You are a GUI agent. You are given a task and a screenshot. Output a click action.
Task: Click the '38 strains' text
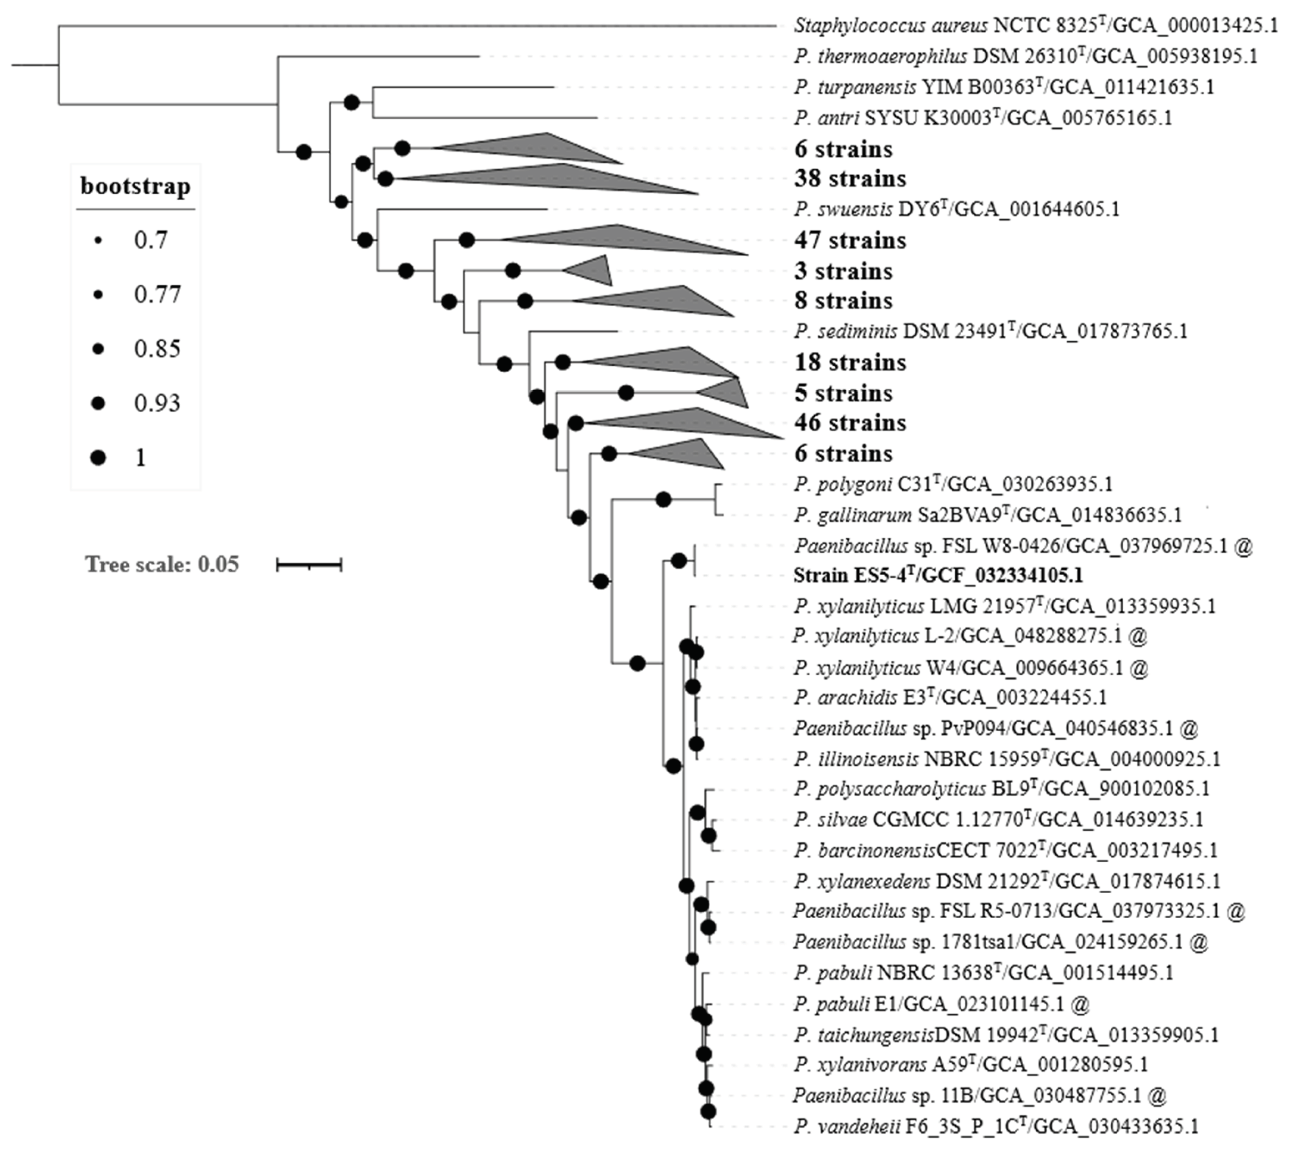click(850, 179)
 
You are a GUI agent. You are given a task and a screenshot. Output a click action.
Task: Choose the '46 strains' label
click(850, 423)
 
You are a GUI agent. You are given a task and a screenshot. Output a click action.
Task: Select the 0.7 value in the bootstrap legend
click(150, 240)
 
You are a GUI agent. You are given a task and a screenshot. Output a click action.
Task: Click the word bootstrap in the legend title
click(135, 187)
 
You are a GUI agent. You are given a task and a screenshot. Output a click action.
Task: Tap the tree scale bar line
click(309, 564)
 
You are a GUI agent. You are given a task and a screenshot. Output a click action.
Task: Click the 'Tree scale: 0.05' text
click(162, 564)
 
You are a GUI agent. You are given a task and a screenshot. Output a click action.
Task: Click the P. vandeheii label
click(995, 1126)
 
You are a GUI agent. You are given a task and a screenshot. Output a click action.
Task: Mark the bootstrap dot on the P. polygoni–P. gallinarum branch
click(663, 500)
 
